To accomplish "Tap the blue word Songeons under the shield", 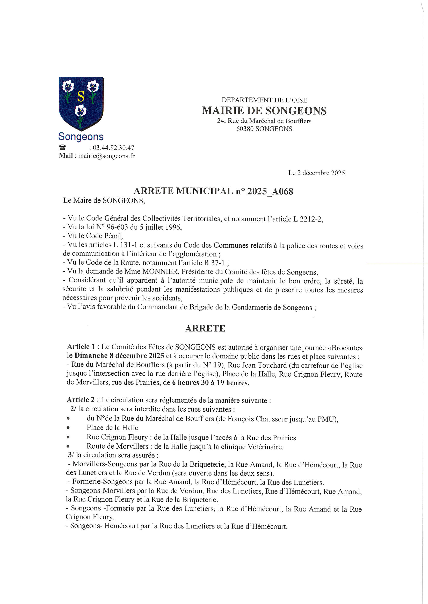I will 81,137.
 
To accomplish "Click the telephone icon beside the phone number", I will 62,147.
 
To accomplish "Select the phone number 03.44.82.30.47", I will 113,148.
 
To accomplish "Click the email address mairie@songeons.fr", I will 106,156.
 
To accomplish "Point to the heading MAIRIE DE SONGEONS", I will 264,111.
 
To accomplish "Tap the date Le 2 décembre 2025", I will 316,173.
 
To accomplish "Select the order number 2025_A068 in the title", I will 270,191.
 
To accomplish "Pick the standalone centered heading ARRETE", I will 205,328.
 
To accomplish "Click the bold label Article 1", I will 81,347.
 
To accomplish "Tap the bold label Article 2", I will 81,400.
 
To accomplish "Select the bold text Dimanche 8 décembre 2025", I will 119,356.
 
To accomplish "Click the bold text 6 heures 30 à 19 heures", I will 211,383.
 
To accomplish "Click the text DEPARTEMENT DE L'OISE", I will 264,100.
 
